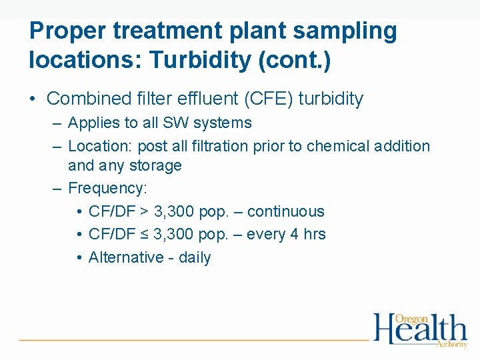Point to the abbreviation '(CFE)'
(269, 99)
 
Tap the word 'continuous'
(287, 212)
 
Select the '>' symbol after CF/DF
(145, 212)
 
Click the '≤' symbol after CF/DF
(145, 235)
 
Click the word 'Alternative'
(127, 257)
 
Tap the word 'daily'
(195, 257)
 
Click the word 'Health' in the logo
(420, 331)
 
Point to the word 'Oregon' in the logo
(411, 319)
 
